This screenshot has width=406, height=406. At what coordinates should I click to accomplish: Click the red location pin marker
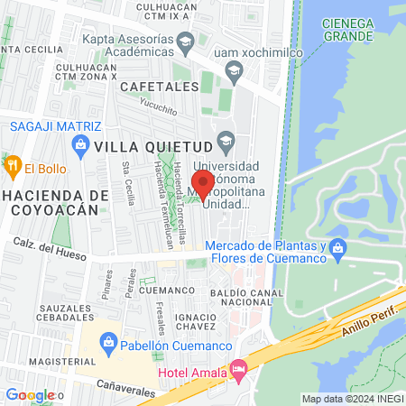click(203, 183)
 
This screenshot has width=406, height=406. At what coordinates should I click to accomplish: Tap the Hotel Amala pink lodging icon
click(238, 368)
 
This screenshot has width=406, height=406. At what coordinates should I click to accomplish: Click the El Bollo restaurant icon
click(13, 167)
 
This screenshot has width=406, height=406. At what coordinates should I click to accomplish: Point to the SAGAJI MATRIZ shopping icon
click(78, 144)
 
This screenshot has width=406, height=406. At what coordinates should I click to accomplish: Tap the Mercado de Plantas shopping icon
click(337, 247)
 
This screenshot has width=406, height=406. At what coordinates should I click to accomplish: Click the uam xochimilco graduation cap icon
click(233, 71)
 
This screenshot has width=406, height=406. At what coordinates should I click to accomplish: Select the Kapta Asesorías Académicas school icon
click(185, 40)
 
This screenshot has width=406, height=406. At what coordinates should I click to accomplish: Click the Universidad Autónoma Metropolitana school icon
click(226, 142)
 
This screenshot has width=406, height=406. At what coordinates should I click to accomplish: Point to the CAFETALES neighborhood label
click(158, 87)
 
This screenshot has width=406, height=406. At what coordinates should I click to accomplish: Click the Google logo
click(29, 394)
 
